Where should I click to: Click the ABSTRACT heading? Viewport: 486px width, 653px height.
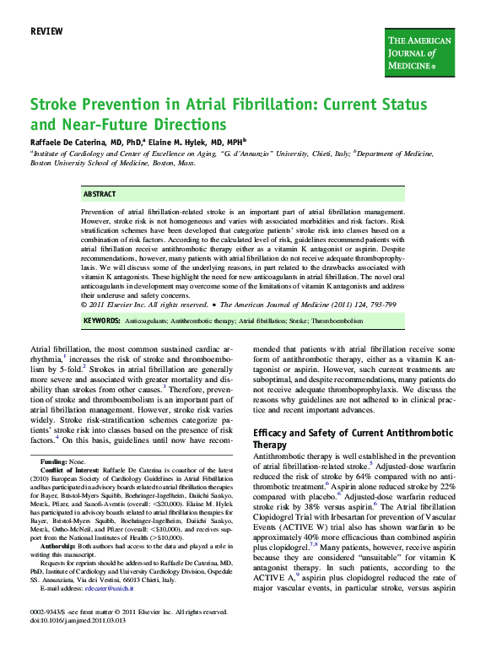100,193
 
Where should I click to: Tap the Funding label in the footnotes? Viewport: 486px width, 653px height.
54,462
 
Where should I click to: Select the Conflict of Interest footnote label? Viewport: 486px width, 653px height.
71,471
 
